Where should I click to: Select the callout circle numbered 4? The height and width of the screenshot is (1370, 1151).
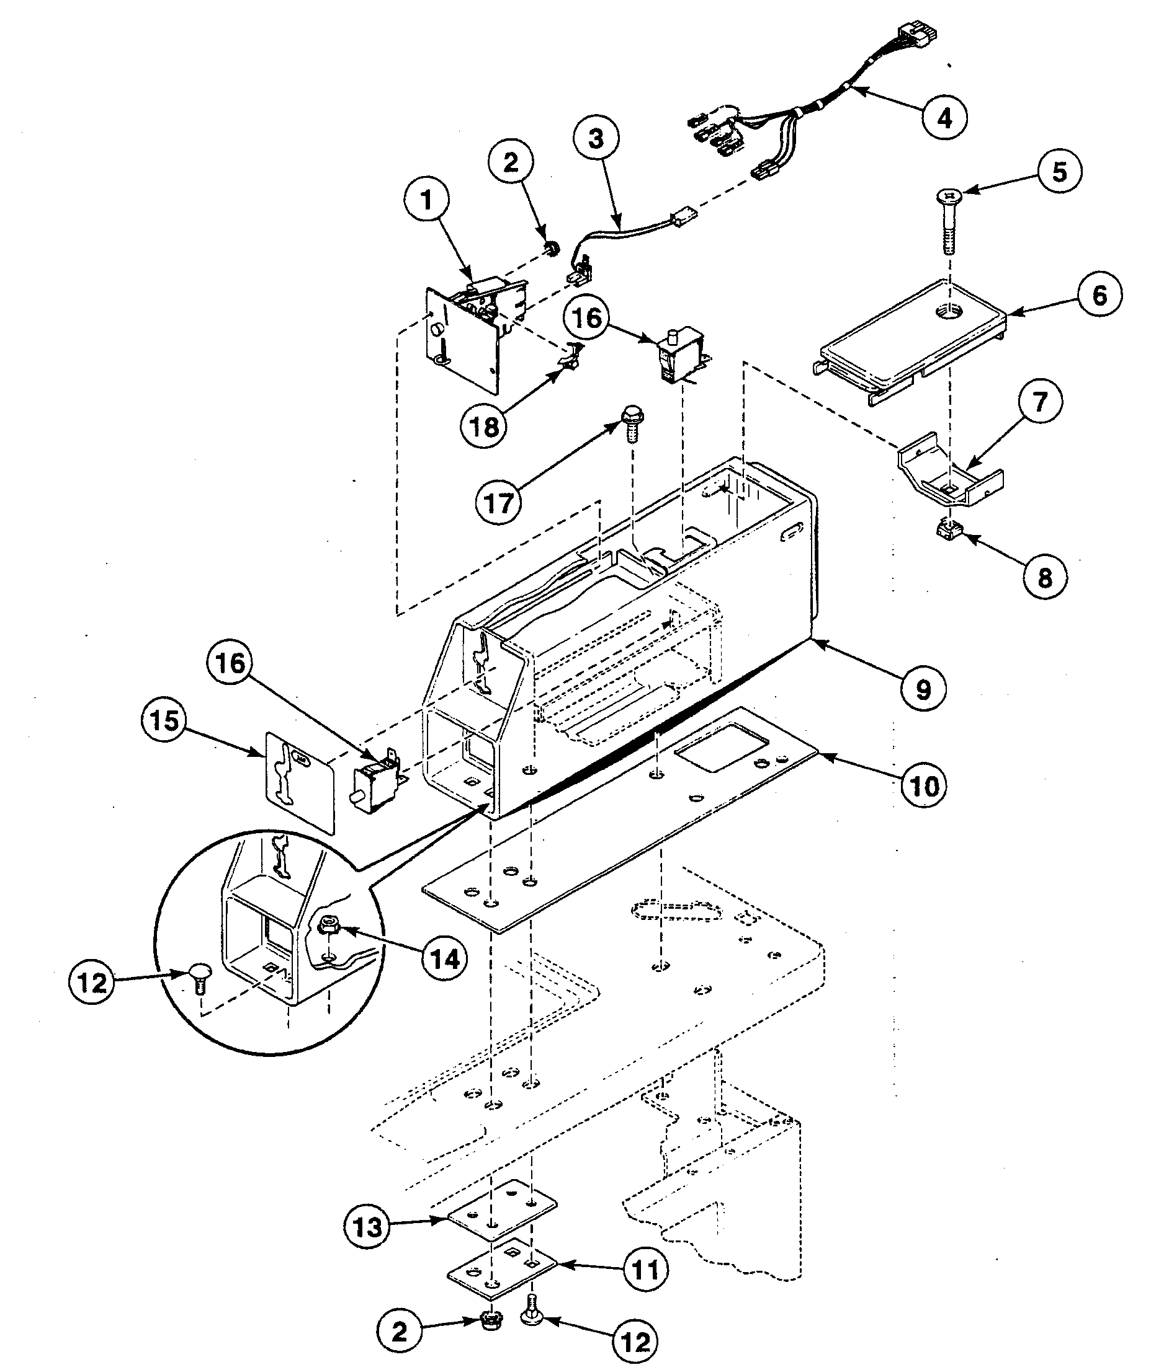click(945, 118)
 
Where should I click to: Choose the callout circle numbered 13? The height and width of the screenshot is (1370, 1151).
click(367, 1226)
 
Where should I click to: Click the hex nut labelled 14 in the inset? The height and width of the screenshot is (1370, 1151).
click(326, 925)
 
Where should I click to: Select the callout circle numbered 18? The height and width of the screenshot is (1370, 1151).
click(485, 426)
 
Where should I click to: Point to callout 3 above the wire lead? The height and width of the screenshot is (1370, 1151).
click(596, 139)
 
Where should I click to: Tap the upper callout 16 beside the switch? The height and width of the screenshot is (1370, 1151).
click(586, 318)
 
